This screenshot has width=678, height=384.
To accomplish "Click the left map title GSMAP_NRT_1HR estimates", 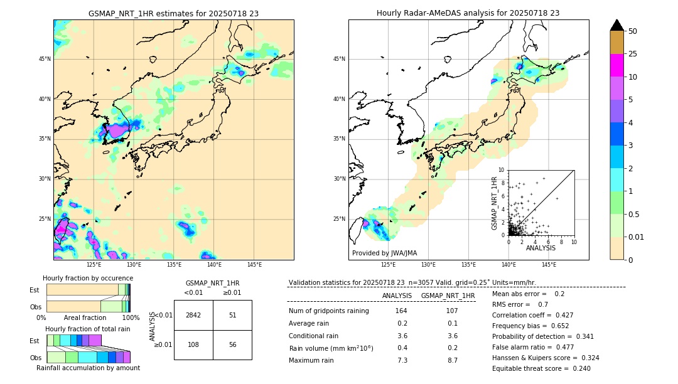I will tap(173, 13).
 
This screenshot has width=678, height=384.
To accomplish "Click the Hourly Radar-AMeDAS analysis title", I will tap(468, 13).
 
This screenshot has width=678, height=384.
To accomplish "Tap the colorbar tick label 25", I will tap(633, 54).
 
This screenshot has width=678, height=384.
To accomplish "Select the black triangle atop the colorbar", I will tap(617, 25).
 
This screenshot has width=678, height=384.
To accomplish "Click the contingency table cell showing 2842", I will tap(193, 315).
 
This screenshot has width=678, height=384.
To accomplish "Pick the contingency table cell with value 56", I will tap(232, 344).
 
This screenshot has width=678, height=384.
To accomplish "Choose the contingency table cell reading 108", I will tap(193, 344).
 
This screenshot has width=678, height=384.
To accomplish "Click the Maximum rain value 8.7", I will tap(451, 360).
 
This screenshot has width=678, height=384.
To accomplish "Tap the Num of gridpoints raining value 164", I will tap(401, 311).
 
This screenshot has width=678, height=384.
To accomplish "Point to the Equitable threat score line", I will tap(541, 368).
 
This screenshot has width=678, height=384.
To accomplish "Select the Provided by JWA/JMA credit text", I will tap(384, 253).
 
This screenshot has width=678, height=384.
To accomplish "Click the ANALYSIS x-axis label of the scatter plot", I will tap(541, 248).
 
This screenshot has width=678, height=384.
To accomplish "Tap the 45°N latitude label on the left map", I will tap(45, 59).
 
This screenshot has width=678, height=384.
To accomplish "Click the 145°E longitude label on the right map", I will tap(549, 265).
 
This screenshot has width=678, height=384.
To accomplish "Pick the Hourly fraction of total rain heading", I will tap(88, 329).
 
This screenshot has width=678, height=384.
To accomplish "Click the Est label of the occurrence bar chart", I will tap(35, 290).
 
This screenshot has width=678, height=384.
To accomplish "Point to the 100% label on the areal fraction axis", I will tap(131, 318).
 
